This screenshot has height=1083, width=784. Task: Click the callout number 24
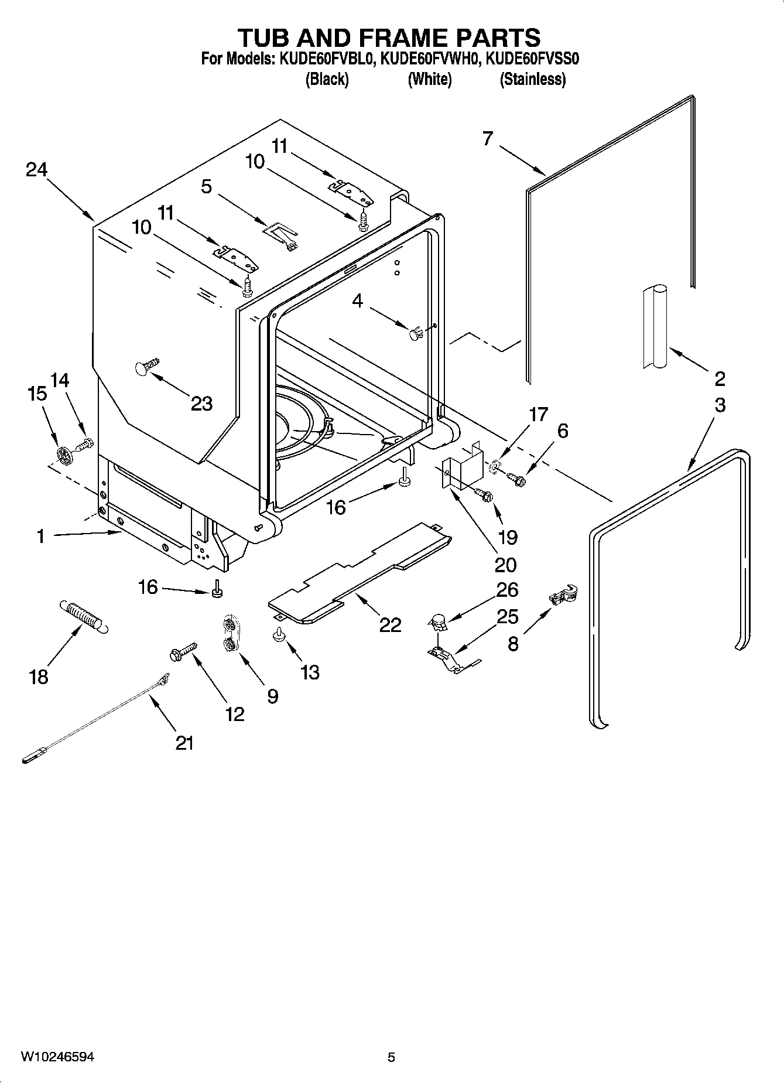point(36,170)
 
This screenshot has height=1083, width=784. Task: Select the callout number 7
point(488,139)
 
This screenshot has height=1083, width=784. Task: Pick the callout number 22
point(390,625)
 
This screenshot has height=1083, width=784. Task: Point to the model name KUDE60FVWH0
point(430,59)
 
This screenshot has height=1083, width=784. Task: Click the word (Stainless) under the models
point(532,79)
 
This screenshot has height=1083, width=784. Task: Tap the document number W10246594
point(57,1057)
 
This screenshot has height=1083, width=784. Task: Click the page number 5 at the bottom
point(391,1057)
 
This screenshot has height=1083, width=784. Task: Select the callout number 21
point(184,743)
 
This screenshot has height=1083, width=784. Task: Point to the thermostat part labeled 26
point(438,623)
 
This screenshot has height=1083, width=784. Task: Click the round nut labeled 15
point(64,454)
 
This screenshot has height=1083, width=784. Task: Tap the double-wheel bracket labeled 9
point(230,634)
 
